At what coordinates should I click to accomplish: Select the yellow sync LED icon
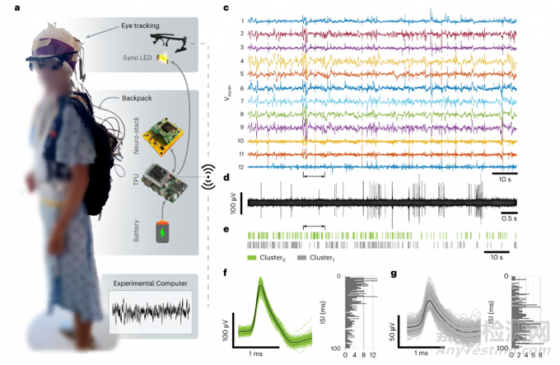(164, 57)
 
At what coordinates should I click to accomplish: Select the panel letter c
(226, 9)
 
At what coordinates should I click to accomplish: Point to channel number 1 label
(242, 21)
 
